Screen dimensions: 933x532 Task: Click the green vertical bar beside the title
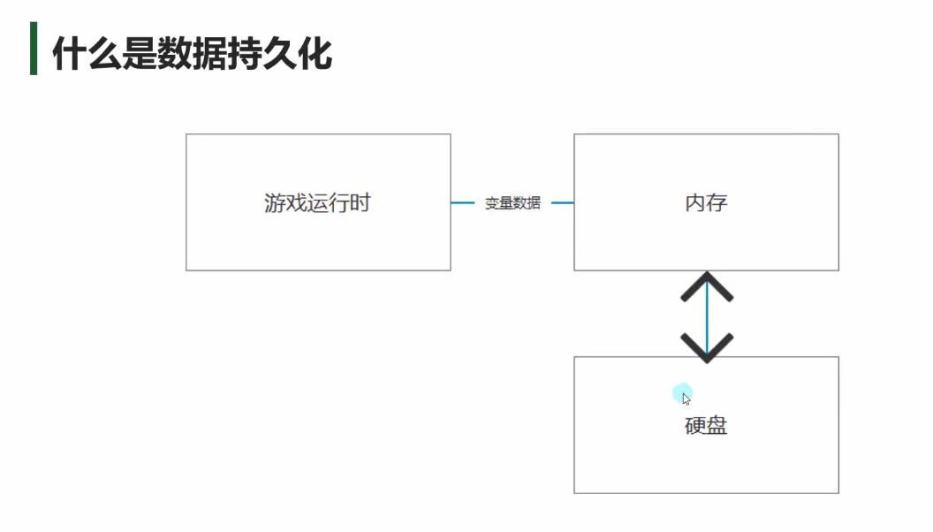click(34, 49)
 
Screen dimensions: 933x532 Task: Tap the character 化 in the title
click(315, 54)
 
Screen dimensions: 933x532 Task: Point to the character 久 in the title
click(280, 54)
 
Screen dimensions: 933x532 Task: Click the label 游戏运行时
click(317, 203)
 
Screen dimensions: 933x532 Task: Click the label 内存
click(706, 203)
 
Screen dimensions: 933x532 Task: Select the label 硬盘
click(706, 425)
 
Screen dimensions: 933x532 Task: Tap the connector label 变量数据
click(512, 203)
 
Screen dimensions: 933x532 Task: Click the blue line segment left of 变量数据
click(463, 203)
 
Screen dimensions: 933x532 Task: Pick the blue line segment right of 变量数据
click(563, 203)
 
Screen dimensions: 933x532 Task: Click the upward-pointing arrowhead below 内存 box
click(707, 286)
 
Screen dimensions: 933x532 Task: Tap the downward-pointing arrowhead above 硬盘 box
click(707, 348)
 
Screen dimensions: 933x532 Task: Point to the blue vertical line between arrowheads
click(707, 317)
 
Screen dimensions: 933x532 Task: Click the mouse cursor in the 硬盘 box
click(686, 399)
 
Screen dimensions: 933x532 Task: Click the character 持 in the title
click(245, 54)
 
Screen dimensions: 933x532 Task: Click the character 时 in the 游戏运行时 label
click(360, 203)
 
